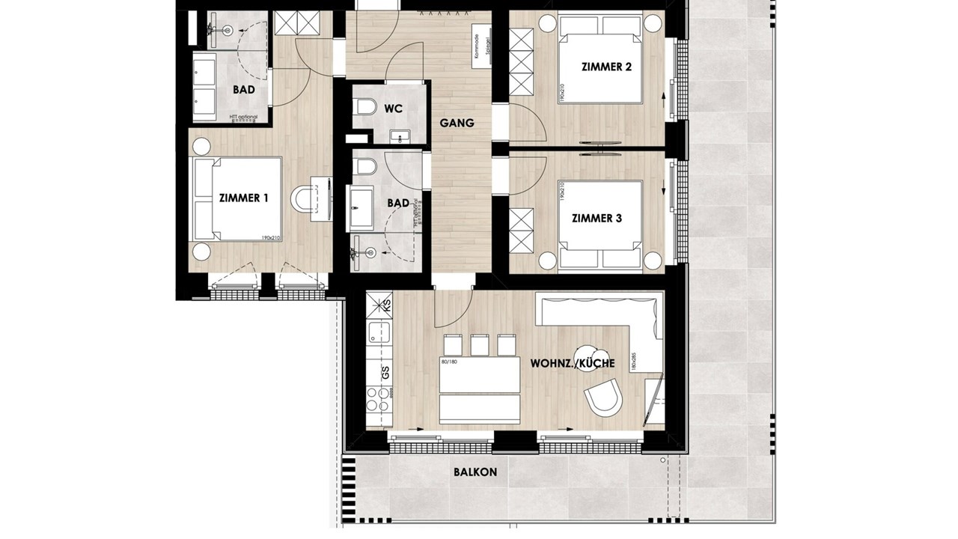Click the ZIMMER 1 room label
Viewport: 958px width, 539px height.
(243, 198)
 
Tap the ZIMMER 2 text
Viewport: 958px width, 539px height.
(606, 67)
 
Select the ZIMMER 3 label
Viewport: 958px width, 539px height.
(597, 219)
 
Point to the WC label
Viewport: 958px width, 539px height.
(393, 109)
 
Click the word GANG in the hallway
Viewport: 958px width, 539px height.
(457, 123)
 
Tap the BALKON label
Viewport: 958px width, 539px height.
(475, 472)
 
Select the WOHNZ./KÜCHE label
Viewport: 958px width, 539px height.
(573, 363)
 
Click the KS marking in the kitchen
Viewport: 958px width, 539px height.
(387, 305)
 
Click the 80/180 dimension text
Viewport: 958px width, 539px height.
(449, 362)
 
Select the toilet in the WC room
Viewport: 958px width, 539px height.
(365, 109)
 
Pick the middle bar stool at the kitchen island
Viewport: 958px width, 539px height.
(480, 346)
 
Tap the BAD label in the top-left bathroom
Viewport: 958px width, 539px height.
(243, 90)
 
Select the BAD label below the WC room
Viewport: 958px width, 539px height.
(398, 203)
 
